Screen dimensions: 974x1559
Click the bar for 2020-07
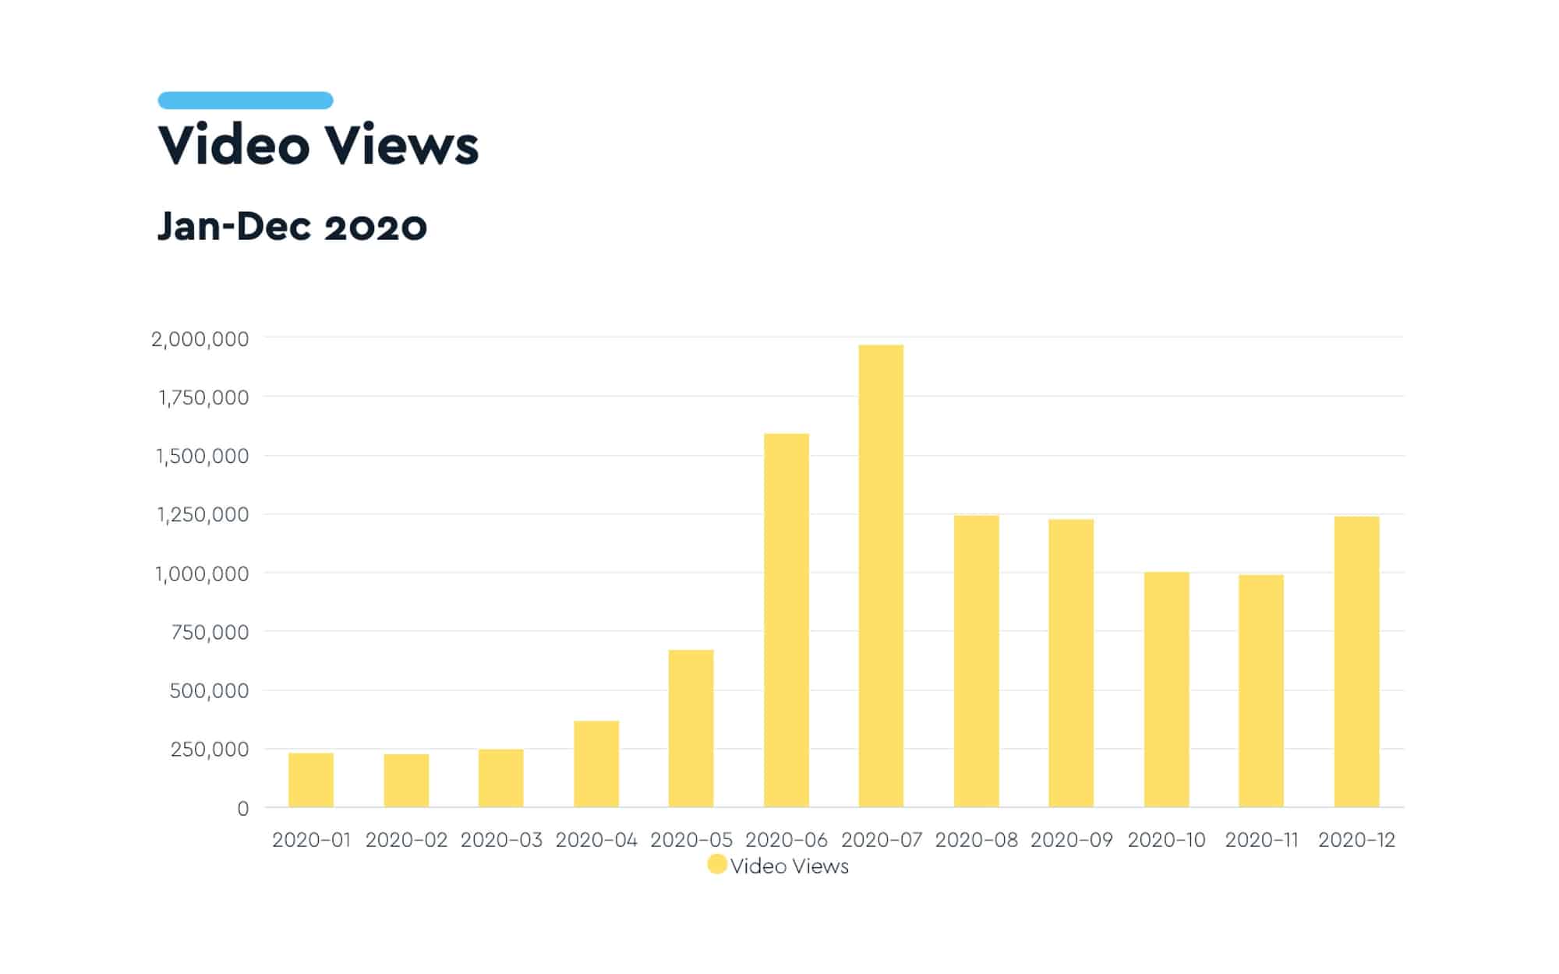pyautogui.click(x=881, y=576)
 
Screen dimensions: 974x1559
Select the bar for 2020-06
pyautogui.click(x=786, y=620)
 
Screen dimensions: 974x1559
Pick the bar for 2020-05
pyautogui.click(x=691, y=728)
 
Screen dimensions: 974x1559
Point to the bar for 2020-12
pyautogui.click(x=1356, y=662)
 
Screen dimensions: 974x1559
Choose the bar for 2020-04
pyautogui.click(x=596, y=764)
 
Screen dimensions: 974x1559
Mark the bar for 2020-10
pyautogui.click(x=1166, y=690)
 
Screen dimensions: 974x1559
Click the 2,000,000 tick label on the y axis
pyautogui.click(x=200, y=339)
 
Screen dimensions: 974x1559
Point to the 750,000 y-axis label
pyautogui.click(x=210, y=632)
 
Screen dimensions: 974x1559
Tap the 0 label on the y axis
pyautogui.click(x=243, y=809)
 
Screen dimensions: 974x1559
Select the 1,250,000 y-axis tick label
pyautogui.click(x=203, y=514)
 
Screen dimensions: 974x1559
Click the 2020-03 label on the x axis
pyautogui.click(x=501, y=840)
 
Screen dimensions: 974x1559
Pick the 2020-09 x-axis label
pyautogui.click(x=1071, y=840)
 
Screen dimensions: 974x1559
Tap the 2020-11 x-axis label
pyautogui.click(x=1261, y=840)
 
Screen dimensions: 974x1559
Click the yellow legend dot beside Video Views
pyautogui.click(x=717, y=864)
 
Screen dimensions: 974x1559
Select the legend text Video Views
pyautogui.click(x=789, y=866)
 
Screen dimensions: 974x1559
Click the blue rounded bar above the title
pyautogui.click(x=246, y=101)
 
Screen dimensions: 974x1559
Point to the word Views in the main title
pyautogui.click(x=401, y=145)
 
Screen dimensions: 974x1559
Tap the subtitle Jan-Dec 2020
pyautogui.click(x=292, y=227)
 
